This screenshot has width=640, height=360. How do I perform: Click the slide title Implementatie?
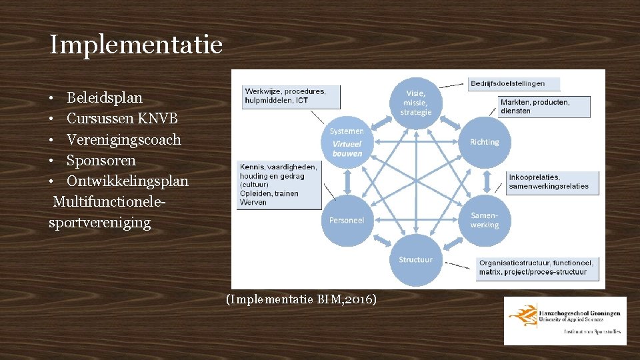(x=135, y=45)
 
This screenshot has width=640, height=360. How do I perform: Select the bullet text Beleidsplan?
(x=105, y=98)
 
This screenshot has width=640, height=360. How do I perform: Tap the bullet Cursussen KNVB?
(x=122, y=119)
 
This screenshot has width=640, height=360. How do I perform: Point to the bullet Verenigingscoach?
(x=124, y=139)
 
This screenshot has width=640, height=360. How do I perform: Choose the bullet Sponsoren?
(x=101, y=160)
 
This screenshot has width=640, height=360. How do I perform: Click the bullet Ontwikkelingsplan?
(x=127, y=181)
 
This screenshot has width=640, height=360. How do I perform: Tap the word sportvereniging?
(x=100, y=222)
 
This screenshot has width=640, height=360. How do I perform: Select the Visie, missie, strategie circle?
(x=416, y=103)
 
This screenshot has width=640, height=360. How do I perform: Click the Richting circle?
(x=484, y=142)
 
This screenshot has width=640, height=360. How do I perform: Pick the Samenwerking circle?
(x=484, y=220)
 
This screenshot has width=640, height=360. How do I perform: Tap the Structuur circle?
(x=415, y=259)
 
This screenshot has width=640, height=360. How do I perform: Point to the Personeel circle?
(x=347, y=220)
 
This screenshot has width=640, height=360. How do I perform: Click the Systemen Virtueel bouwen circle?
(x=347, y=142)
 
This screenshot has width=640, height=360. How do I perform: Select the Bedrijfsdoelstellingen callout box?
(x=514, y=84)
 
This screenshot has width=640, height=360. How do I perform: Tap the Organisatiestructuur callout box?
(x=536, y=267)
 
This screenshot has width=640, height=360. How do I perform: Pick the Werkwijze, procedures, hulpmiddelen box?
(x=291, y=96)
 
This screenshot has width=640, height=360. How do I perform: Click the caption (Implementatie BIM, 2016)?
(x=301, y=299)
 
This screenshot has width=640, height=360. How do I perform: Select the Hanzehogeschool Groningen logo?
(x=565, y=321)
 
